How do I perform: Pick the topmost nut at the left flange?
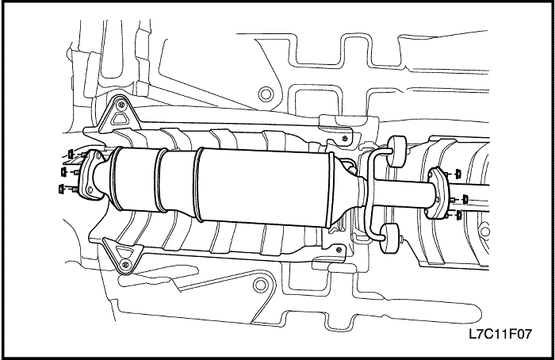tap(71, 152)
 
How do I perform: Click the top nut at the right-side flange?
tap(458, 173)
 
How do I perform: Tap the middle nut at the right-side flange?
tap(465, 198)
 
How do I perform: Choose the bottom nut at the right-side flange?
tap(458, 214)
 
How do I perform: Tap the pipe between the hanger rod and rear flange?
tap(400, 192)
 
